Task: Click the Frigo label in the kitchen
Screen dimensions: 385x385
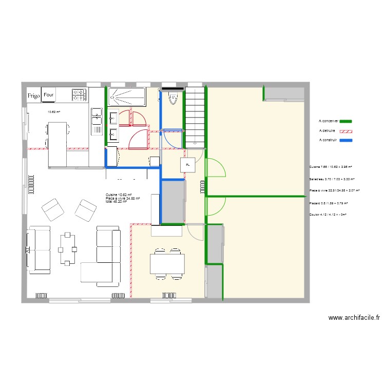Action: click(34, 95)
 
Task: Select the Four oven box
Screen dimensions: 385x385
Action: click(49, 95)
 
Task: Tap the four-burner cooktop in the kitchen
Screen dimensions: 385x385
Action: click(79, 94)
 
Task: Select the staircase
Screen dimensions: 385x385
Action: click(196, 115)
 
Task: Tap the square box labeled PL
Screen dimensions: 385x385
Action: click(187, 165)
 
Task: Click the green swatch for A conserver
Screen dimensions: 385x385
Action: click(346, 121)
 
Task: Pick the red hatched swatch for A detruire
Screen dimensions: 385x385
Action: click(346, 131)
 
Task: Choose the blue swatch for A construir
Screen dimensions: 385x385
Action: click(346, 140)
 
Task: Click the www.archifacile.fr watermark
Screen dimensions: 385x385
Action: click(354, 318)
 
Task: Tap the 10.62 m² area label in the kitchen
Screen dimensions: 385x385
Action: click(54, 112)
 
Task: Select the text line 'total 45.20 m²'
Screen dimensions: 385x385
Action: click(116, 202)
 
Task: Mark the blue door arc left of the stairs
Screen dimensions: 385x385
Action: click(174, 139)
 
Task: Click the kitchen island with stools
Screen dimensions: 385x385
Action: click(58, 144)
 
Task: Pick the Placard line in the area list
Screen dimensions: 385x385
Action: click(328, 203)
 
